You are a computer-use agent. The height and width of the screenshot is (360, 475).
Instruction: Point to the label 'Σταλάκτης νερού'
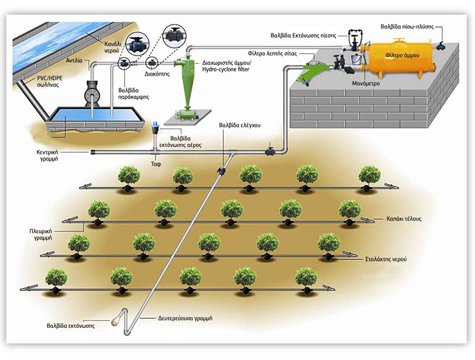click(x=386, y=259)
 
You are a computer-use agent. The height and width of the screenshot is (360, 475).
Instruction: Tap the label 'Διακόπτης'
click(x=157, y=74)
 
